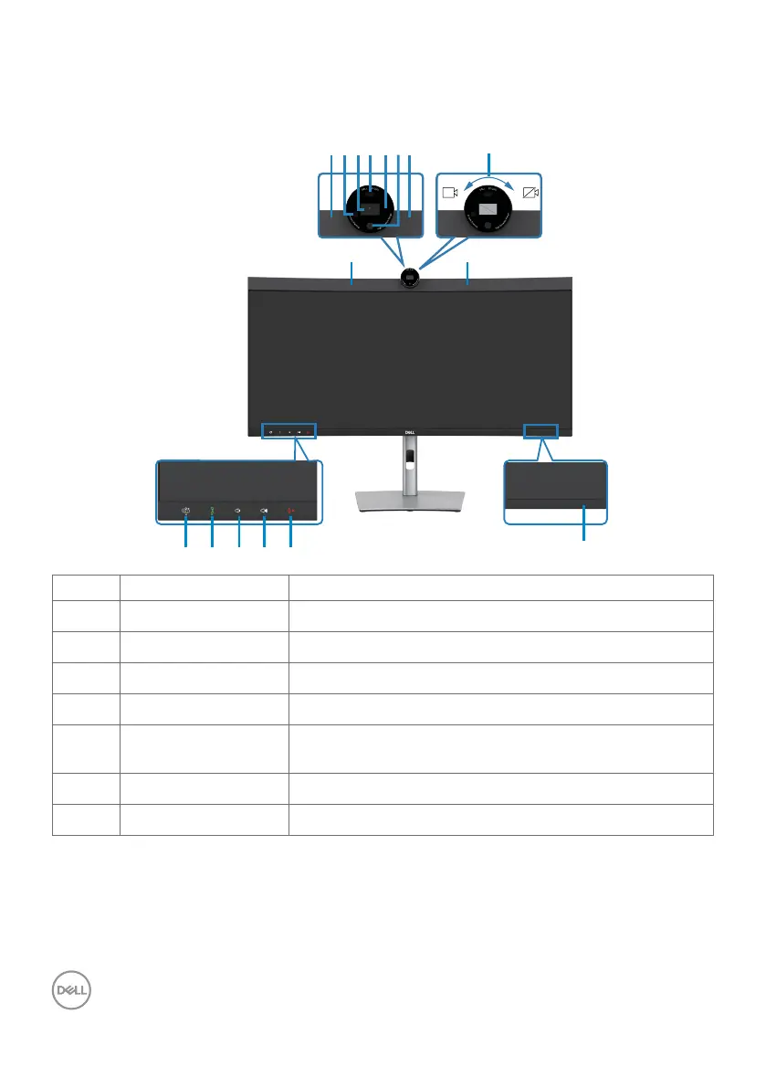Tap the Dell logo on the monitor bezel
click(410, 434)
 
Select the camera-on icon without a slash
click(449, 193)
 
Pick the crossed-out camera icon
click(530, 193)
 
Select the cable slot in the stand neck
click(410, 453)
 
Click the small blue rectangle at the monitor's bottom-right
click(541, 430)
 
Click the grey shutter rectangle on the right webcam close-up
click(489, 209)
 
